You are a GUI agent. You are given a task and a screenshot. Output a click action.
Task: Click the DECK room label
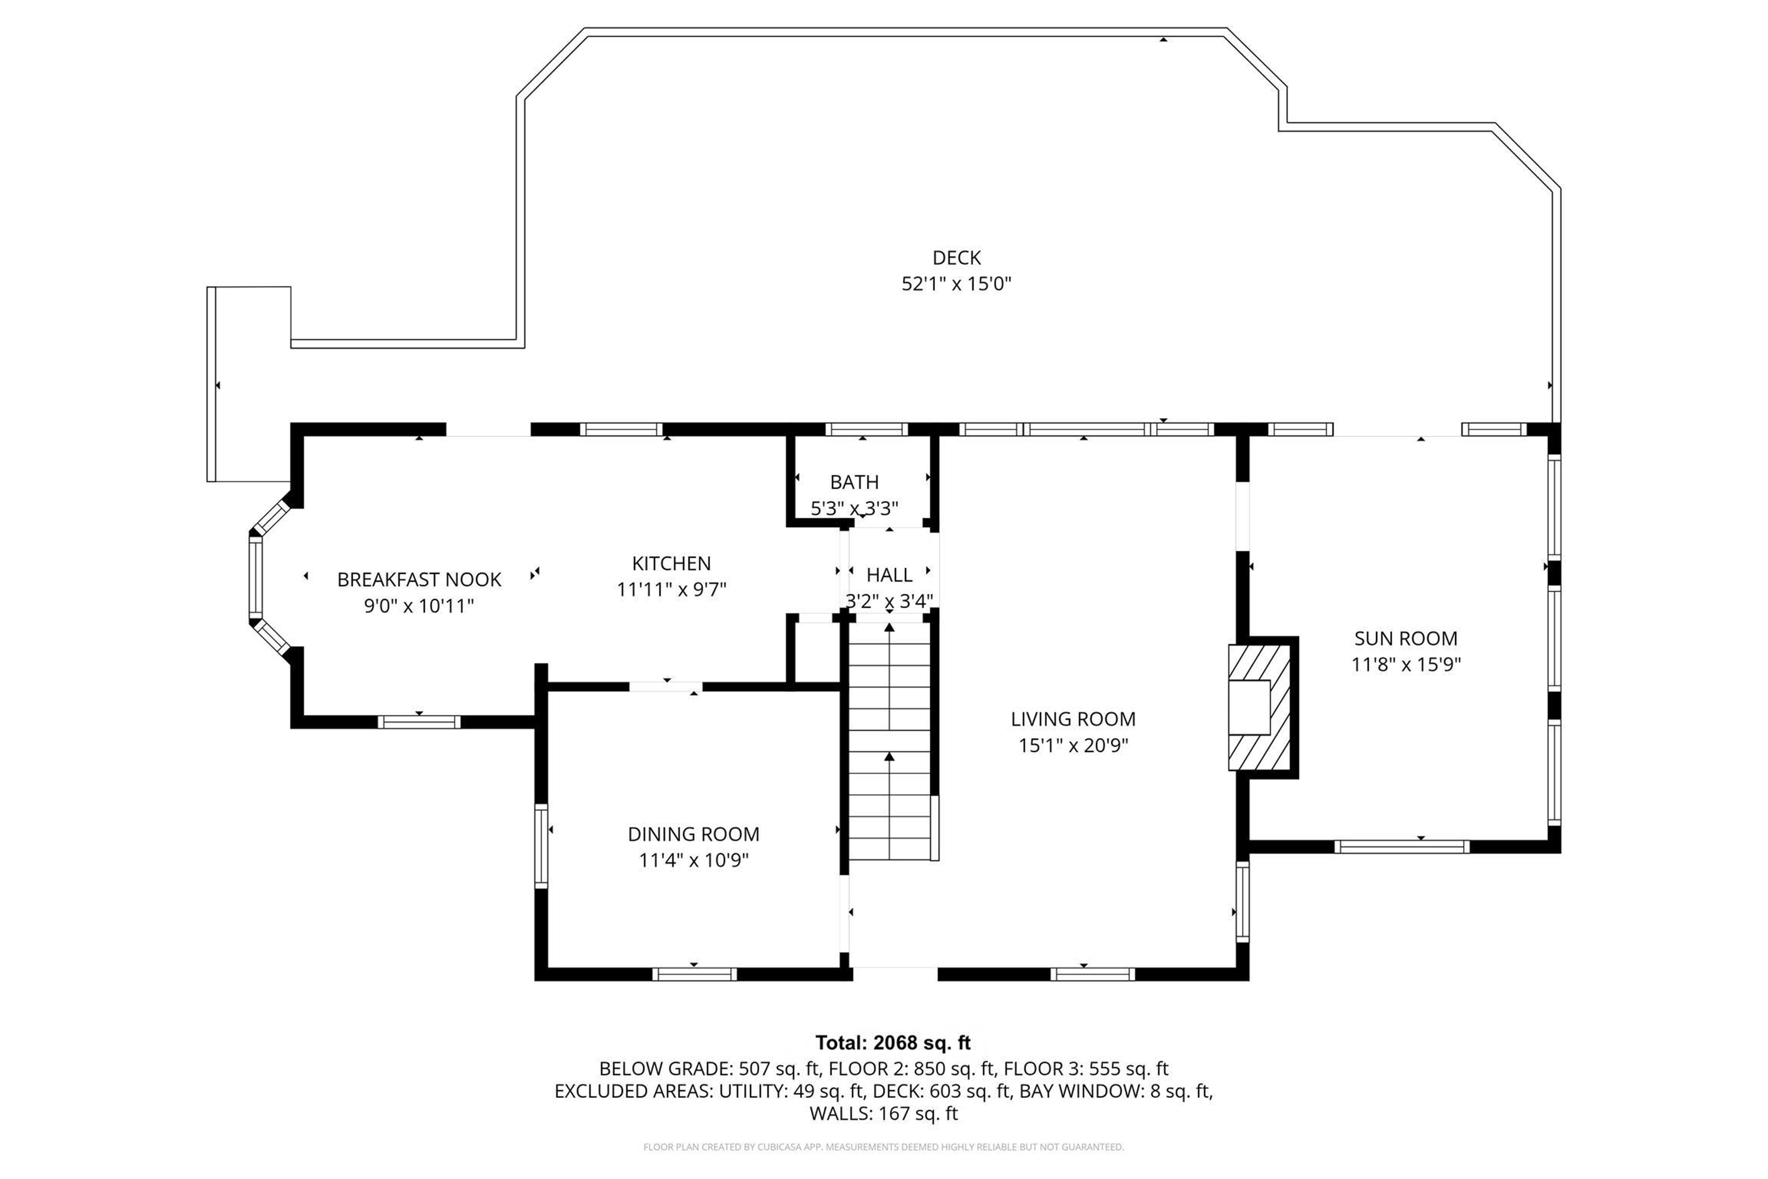click(x=956, y=258)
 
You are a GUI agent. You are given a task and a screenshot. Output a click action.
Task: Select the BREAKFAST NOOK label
click(x=419, y=580)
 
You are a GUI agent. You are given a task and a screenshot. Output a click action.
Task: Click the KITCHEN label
click(x=671, y=563)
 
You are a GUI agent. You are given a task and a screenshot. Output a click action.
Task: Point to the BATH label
click(x=854, y=482)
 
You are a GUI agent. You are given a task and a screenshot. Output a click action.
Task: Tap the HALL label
click(x=889, y=575)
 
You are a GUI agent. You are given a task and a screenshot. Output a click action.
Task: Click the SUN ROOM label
click(x=1405, y=638)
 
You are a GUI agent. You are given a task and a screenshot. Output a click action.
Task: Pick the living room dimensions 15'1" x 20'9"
click(x=1073, y=746)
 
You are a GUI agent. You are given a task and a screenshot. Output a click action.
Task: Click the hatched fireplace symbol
click(x=1260, y=707)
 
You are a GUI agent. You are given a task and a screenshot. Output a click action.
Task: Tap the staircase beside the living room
click(x=889, y=741)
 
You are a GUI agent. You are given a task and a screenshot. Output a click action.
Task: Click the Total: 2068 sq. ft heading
click(x=892, y=1043)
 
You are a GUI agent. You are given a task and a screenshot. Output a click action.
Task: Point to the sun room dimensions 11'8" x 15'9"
click(x=1405, y=665)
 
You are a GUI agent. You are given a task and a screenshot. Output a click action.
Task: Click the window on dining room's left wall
click(x=541, y=846)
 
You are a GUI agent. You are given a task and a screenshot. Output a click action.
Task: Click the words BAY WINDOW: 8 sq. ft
click(x=1115, y=1091)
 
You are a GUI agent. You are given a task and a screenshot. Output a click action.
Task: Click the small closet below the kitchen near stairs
click(x=814, y=652)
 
